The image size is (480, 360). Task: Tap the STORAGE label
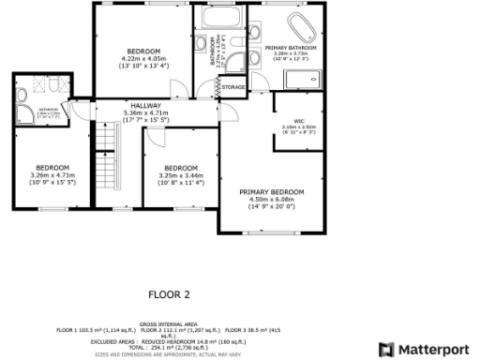click(x=233, y=87)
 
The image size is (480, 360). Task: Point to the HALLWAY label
click(x=146, y=106)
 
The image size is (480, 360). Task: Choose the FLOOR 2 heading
click(x=169, y=293)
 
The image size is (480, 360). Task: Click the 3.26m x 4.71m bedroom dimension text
click(x=52, y=175)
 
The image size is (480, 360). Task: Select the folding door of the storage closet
click(x=217, y=86)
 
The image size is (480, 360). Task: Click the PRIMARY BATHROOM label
click(x=291, y=47)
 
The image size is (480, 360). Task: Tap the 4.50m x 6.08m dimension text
click(x=271, y=199)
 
